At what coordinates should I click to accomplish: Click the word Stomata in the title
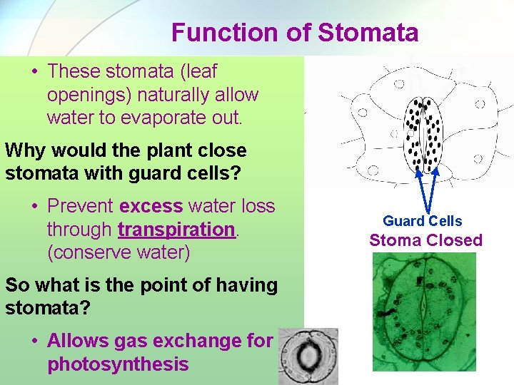coord(368,32)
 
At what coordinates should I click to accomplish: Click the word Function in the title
coord(225,32)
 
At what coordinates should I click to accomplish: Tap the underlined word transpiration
coord(177,229)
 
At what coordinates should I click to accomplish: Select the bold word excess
coord(151,206)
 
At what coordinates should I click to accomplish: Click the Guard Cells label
coord(422,220)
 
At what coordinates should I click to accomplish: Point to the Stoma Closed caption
coord(425,240)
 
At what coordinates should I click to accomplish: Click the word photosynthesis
coord(118,364)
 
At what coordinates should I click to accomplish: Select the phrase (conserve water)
coord(119,252)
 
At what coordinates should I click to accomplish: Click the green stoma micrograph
coord(424,312)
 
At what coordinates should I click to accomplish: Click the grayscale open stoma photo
coord(308,356)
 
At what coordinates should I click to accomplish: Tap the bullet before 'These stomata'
coord(35,71)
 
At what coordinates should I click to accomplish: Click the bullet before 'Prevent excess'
coord(35,206)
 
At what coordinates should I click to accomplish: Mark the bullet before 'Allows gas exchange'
coord(35,341)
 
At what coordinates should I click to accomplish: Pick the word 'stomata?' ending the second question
coord(48,307)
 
